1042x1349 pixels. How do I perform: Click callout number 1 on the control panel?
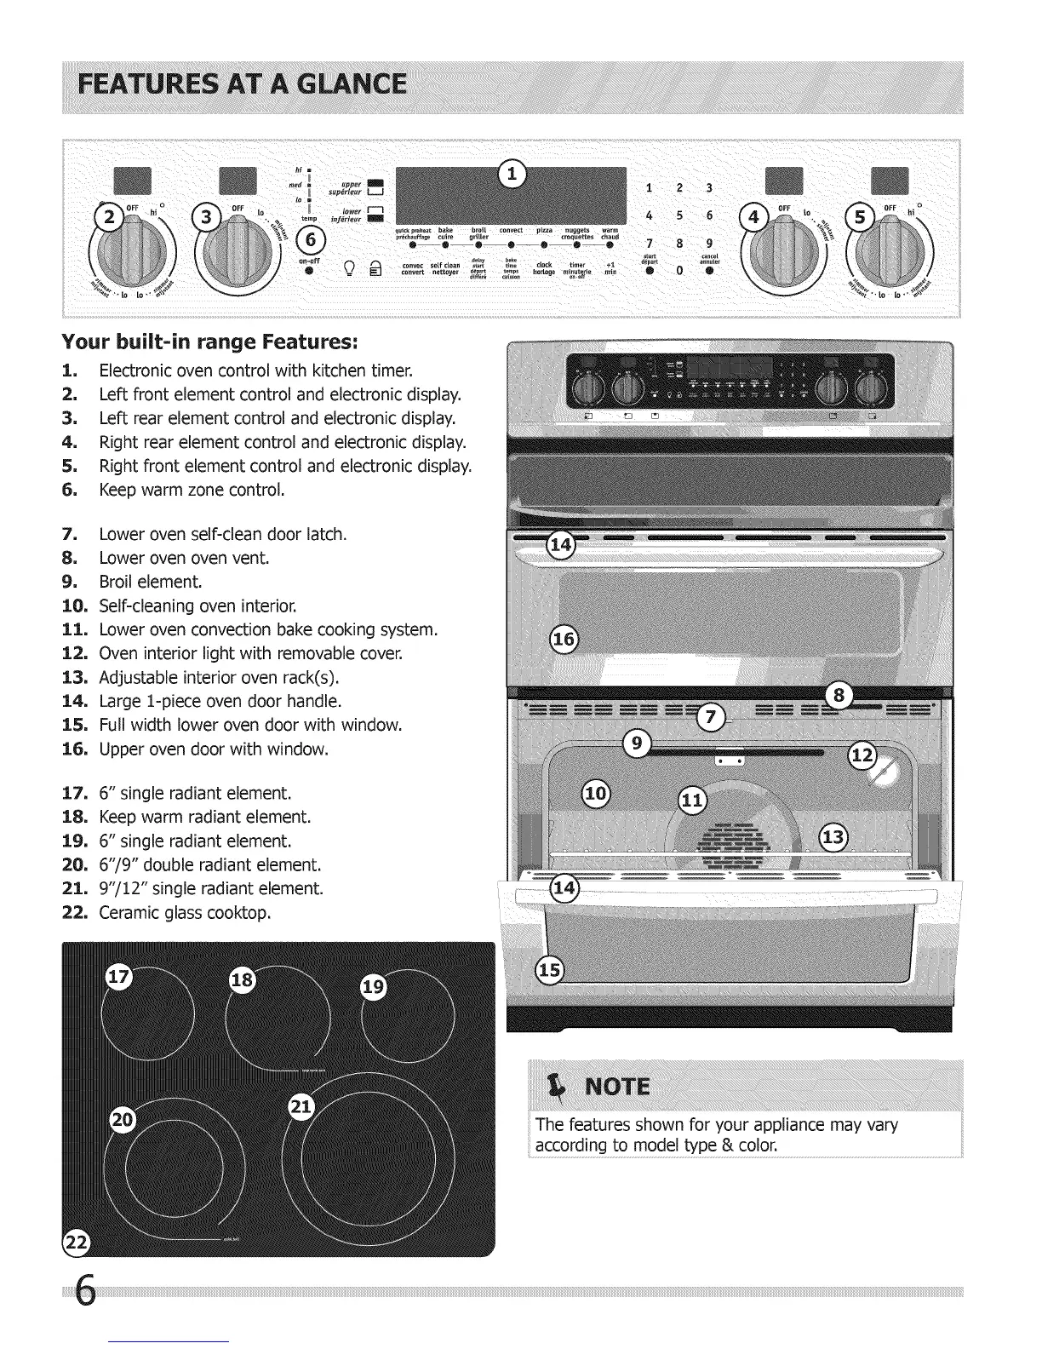512,173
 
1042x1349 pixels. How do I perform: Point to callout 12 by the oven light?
862,755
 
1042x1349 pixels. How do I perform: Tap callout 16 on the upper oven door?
564,640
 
